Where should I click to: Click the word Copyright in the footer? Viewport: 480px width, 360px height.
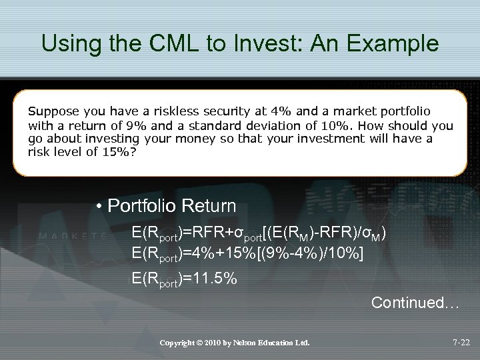[180, 343]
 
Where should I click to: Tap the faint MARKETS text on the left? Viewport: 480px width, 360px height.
[73, 235]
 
